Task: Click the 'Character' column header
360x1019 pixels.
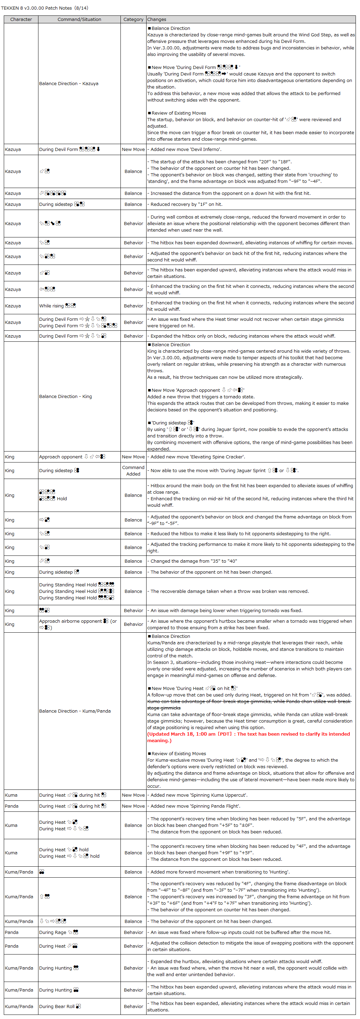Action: tap(21, 19)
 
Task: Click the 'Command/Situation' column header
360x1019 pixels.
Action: tap(79, 19)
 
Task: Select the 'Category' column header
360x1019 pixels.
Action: tap(133, 19)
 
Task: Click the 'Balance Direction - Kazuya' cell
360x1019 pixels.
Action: tap(68, 83)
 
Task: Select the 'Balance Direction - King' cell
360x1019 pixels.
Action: tap(65, 396)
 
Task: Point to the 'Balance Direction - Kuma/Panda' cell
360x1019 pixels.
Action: tap(75, 711)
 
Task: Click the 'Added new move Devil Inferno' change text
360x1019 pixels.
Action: tap(186, 150)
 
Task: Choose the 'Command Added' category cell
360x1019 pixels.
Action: tap(133, 471)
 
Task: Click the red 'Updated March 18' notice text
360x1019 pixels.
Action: tap(248, 737)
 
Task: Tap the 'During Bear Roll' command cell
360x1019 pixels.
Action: tap(60, 1006)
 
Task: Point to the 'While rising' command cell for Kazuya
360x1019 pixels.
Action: tap(57, 306)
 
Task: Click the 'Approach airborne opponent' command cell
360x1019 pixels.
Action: tap(78, 624)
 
